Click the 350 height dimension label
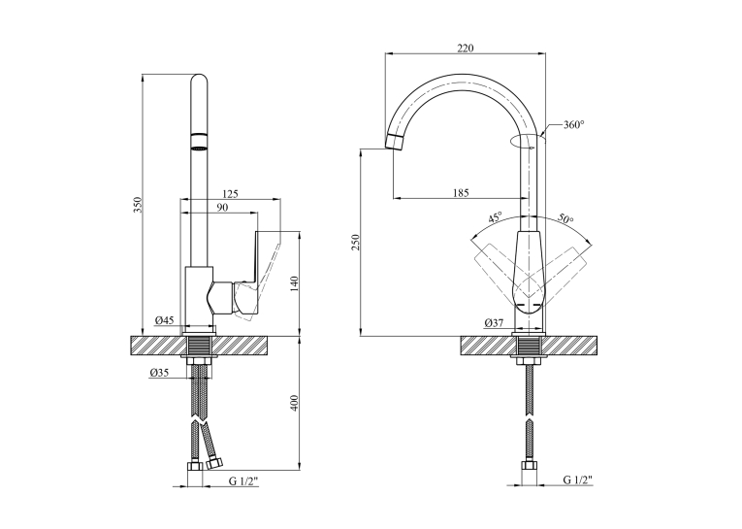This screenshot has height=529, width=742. [138, 205]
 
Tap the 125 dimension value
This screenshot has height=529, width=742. [231, 194]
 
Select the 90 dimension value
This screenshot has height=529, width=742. [222, 208]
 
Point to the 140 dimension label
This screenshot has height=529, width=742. [294, 283]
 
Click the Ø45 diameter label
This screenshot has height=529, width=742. [164, 320]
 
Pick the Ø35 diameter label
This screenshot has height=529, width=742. [159, 373]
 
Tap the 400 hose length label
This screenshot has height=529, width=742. [294, 403]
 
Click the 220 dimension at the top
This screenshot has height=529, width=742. [466, 48]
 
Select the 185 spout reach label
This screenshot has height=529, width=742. [461, 193]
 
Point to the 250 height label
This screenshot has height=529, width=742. [356, 242]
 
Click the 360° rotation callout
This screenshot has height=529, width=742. [573, 125]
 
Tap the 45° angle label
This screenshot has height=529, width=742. [495, 217]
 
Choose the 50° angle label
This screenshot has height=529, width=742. [565, 218]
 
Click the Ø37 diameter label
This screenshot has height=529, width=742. [494, 323]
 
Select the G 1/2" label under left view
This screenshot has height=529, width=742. [244, 481]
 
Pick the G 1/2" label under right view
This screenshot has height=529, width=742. [578, 479]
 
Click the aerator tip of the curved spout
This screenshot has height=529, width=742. [395, 142]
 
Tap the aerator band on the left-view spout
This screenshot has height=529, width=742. [199, 142]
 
